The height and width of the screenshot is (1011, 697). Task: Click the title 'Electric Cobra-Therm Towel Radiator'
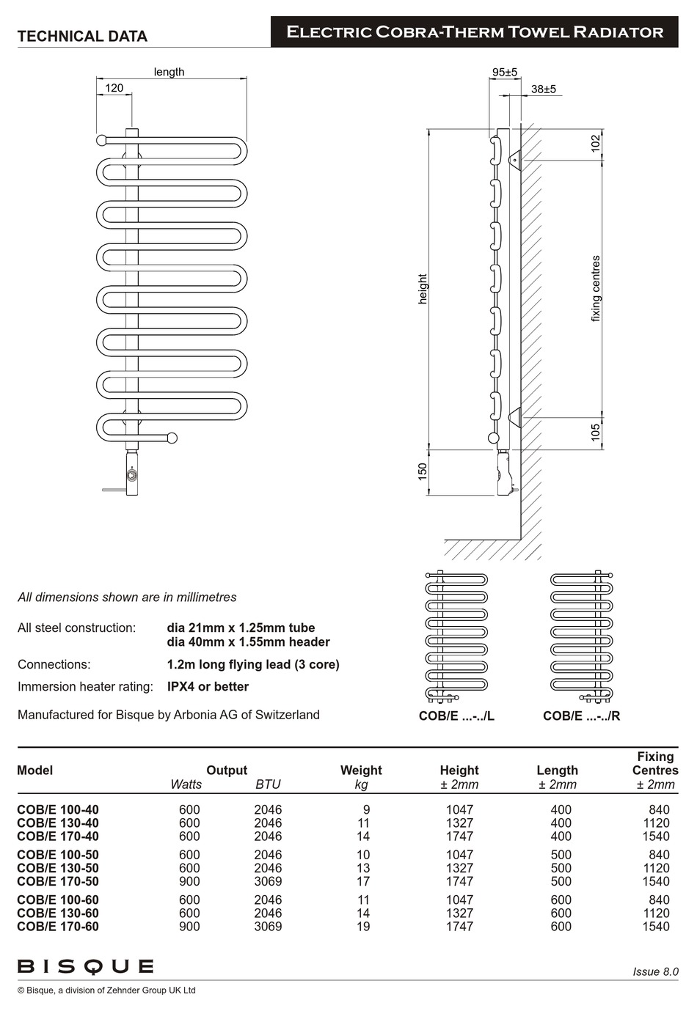[475, 32]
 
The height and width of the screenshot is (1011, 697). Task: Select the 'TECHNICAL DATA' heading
[82, 36]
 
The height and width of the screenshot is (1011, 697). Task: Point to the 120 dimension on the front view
[114, 88]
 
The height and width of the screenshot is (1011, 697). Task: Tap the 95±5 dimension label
[504, 72]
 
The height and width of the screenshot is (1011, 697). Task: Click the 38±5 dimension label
[544, 89]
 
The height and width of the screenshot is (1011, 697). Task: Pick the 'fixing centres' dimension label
[596, 288]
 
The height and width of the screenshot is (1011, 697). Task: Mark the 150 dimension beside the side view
[423, 471]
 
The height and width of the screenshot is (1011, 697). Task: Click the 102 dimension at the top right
[596, 142]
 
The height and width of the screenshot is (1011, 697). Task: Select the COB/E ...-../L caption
[456, 716]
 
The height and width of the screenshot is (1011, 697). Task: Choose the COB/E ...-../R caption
[581, 716]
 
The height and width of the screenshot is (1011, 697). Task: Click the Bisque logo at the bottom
[85, 966]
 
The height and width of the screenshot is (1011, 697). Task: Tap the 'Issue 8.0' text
[655, 971]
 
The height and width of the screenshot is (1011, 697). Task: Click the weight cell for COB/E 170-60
[363, 927]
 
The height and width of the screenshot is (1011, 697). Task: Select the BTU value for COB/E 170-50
[268, 881]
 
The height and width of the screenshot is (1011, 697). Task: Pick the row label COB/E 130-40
[58, 823]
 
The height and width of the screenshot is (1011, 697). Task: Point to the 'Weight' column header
[361, 771]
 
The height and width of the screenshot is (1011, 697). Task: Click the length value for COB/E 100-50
[561, 855]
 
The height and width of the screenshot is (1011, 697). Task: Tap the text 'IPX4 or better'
[208, 687]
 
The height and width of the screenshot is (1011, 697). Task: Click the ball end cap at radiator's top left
[101, 139]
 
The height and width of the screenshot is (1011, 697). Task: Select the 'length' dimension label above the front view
[169, 72]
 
